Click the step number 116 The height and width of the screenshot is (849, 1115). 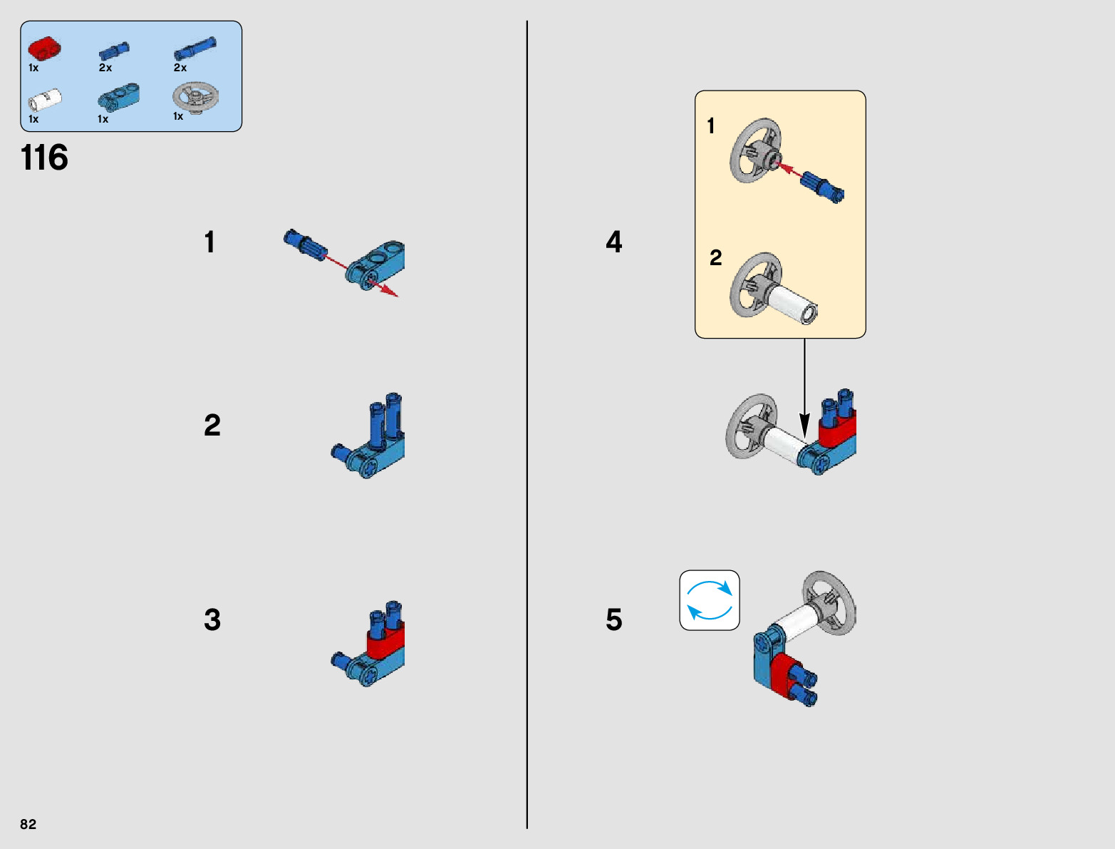click(x=44, y=158)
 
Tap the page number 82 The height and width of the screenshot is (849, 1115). click(x=28, y=824)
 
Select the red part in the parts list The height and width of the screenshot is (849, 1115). click(x=44, y=48)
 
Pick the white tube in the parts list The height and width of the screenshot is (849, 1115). click(x=45, y=99)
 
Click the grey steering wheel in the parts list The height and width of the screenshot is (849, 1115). click(x=195, y=96)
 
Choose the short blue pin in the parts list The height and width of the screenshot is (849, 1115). click(x=114, y=50)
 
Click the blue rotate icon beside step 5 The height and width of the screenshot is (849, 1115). click(x=710, y=600)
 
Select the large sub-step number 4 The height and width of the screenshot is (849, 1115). click(x=613, y=242)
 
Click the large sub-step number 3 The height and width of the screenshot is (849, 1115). click(x=212, y=619)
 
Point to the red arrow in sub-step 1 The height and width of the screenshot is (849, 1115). click(x=363, y=275)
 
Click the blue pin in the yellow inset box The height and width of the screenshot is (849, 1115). click(x=822, y=186)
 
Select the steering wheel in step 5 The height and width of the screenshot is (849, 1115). click(x=829, y=602)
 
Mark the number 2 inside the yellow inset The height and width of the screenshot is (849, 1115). click(x=716, y=257)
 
